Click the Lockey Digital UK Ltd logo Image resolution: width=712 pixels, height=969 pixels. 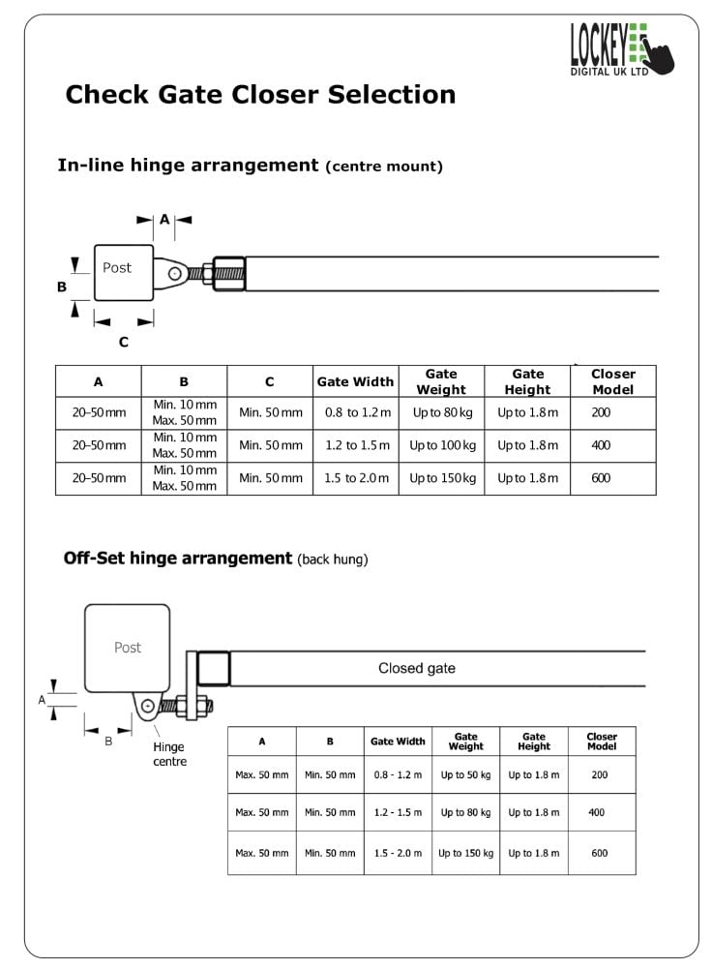[x=621, y=49]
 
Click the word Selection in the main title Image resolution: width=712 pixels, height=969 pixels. [x=392, y=95]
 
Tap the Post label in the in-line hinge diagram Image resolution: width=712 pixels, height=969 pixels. [x=117, y=267]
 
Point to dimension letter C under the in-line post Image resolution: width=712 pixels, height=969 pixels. [x=124, y=342]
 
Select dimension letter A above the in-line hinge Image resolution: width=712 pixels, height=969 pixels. [x=164, y=219]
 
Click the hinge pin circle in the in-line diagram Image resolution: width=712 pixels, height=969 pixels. [x=175, y=273]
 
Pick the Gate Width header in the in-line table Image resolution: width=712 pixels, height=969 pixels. [x=355, y=382]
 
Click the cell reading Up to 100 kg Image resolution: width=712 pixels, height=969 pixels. [x=442, y=445]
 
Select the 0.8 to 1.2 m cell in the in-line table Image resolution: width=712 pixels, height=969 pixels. [x=358, y=412]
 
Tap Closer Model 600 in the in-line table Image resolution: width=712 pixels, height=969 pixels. [x=601, y=477]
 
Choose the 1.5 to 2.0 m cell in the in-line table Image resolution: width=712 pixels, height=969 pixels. [x=356, y=477]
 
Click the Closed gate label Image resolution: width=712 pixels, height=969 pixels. [x=417, y=668]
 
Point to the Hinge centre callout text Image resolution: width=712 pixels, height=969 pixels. [x=169, y=754]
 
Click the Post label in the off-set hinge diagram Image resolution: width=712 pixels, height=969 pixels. [x=128, y=647]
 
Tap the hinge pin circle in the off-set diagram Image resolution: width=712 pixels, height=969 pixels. [x=148, y=706]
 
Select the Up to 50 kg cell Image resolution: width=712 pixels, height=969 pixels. [x=465, y=774]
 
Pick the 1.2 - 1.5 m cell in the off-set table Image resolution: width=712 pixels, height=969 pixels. [x=398, y=812]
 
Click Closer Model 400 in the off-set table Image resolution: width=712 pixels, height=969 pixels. [x=597, y=812]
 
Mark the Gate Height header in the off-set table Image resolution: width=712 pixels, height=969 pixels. [x=534, y=741]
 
